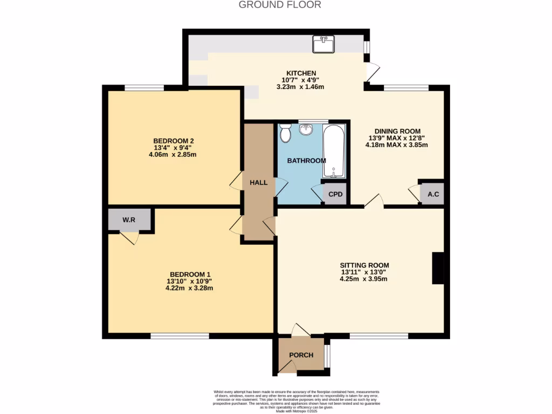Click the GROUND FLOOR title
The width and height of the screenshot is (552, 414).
click(280, 5)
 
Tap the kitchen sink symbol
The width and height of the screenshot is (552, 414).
click(325, 44)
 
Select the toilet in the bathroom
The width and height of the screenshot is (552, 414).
click(285, 132)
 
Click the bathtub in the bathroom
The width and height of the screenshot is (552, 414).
click(334, 151)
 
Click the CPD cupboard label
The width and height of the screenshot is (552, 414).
click(335, 195)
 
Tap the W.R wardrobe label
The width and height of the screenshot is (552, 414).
click(128, 220)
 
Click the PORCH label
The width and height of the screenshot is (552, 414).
click(301, 355)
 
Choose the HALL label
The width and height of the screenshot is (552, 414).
click(258, 183)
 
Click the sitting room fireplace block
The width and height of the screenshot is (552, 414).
click(438, 268)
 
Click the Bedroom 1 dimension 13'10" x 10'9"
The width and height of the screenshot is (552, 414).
click(189, 280)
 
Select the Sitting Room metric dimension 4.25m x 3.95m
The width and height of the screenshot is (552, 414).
click(364, 279)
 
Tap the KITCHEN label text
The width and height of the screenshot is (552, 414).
click(301, 73)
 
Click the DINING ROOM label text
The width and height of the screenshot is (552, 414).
click(397, 131)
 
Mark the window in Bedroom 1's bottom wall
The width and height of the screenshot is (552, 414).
click(180, 336)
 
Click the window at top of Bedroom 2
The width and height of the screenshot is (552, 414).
click(144, 88)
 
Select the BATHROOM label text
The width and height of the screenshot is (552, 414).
click(306, 161)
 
